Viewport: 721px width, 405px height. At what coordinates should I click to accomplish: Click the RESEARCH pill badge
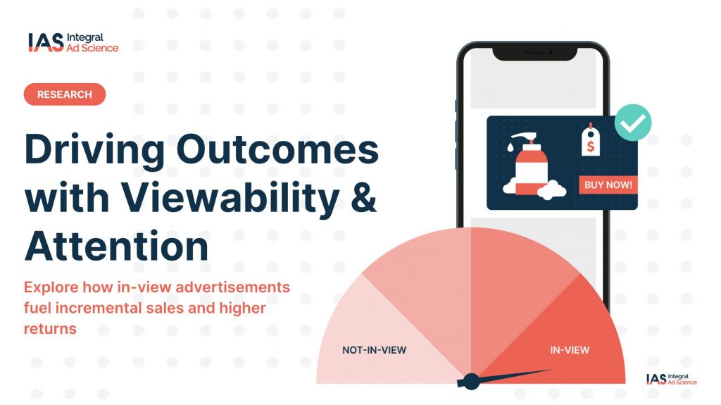click(x=64, y=94)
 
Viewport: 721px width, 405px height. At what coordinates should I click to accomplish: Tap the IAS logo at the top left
click(x=73, y=42)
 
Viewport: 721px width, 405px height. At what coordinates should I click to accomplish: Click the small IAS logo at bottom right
click(x=671, y=379)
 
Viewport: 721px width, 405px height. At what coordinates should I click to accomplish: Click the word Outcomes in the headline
click(x=277, y=149)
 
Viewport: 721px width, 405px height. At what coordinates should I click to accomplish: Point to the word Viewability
click(x=230, y=198)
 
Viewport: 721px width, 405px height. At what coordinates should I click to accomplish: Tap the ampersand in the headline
click(x=363, y=197)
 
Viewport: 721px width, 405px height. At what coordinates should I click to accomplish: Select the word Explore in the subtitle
click(x=51, y=287)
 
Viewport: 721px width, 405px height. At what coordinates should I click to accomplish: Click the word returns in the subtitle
click(x=50, y=329)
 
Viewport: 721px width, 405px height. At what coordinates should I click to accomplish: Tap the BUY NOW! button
click(x=608, y=185)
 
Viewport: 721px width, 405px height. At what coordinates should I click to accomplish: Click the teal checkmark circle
click(x=633, y=123)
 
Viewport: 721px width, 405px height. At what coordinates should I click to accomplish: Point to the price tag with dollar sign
click(x=591, y=140)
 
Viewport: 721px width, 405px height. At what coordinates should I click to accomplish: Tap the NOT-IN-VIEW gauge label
click(x=375, y=350)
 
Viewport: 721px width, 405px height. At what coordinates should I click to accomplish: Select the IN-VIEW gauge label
click(x=570, y=350)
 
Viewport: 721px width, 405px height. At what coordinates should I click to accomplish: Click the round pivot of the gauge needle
click(x=471, y=382)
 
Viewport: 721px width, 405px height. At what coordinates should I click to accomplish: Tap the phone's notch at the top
click(x=535, y=53)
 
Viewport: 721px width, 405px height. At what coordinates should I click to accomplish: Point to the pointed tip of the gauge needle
click(x=552, y=370)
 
